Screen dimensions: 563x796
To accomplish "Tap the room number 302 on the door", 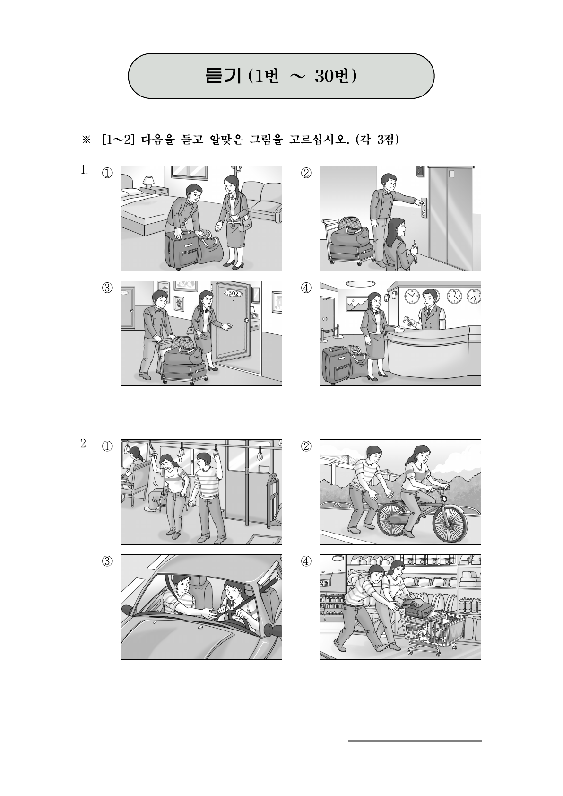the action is pos(233,293).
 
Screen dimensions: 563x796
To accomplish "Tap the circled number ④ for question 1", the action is pos(306,288).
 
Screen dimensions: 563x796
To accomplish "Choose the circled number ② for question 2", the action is pos(306,446).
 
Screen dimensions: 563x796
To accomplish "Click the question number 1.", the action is pos(84,170).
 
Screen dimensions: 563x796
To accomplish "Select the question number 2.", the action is pos(84,444).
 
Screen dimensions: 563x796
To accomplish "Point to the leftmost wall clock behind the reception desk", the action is pos(412,296).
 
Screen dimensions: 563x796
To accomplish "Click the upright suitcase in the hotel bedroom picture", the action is pos(181,249).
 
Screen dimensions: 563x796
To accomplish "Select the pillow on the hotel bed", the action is pos(131,192).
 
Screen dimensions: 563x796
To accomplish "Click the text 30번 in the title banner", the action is pos(335,76).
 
